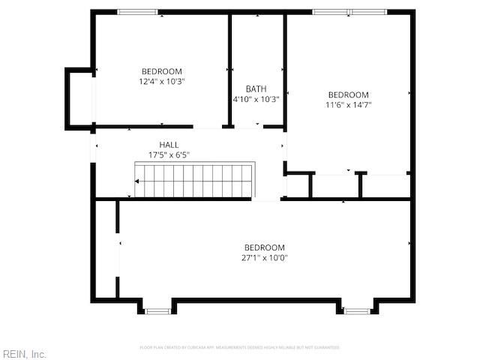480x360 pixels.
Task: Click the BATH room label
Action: pos(256,88)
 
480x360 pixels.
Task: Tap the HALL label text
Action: pos(169,145)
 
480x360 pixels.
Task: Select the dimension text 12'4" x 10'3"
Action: pos(162,81)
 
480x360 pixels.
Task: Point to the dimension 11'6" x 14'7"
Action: pos(349,105)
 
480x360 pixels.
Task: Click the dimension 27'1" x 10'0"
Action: pos(265,258)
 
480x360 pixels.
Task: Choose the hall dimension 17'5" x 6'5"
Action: pos(169,155)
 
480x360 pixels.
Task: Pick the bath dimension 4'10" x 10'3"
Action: pos(256,99)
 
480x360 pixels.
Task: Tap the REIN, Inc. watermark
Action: pos(25,353)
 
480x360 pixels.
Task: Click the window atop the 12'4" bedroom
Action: pos(138,12)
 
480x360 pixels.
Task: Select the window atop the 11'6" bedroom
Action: pos(349,12)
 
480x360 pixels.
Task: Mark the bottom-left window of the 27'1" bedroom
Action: pos(157,310)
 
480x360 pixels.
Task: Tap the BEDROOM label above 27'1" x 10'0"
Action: pos(265,247)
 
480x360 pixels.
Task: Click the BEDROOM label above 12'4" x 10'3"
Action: pos(162,71)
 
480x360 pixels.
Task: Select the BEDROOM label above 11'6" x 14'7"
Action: pos(349,94)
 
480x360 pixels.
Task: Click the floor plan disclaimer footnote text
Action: pos(240,347)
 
